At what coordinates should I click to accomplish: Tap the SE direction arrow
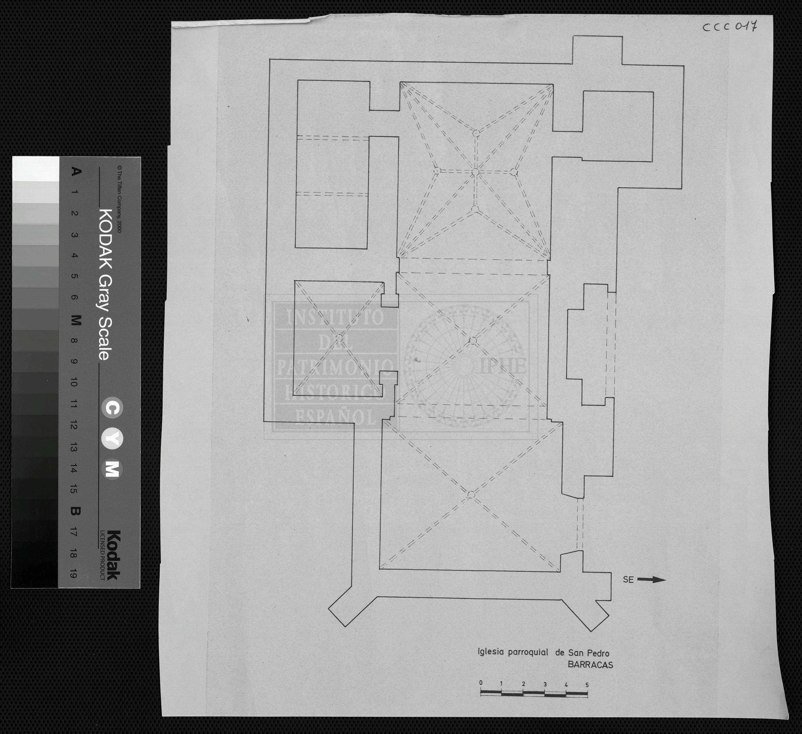click(x=652, y=580)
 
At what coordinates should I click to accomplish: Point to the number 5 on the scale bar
click(x=587, y=685)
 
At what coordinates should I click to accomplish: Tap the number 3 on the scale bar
click(x=545, y=684)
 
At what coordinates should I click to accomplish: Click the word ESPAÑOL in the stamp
click(x=334, y=417)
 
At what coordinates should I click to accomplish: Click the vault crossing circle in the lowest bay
click(x=471, y=494)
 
